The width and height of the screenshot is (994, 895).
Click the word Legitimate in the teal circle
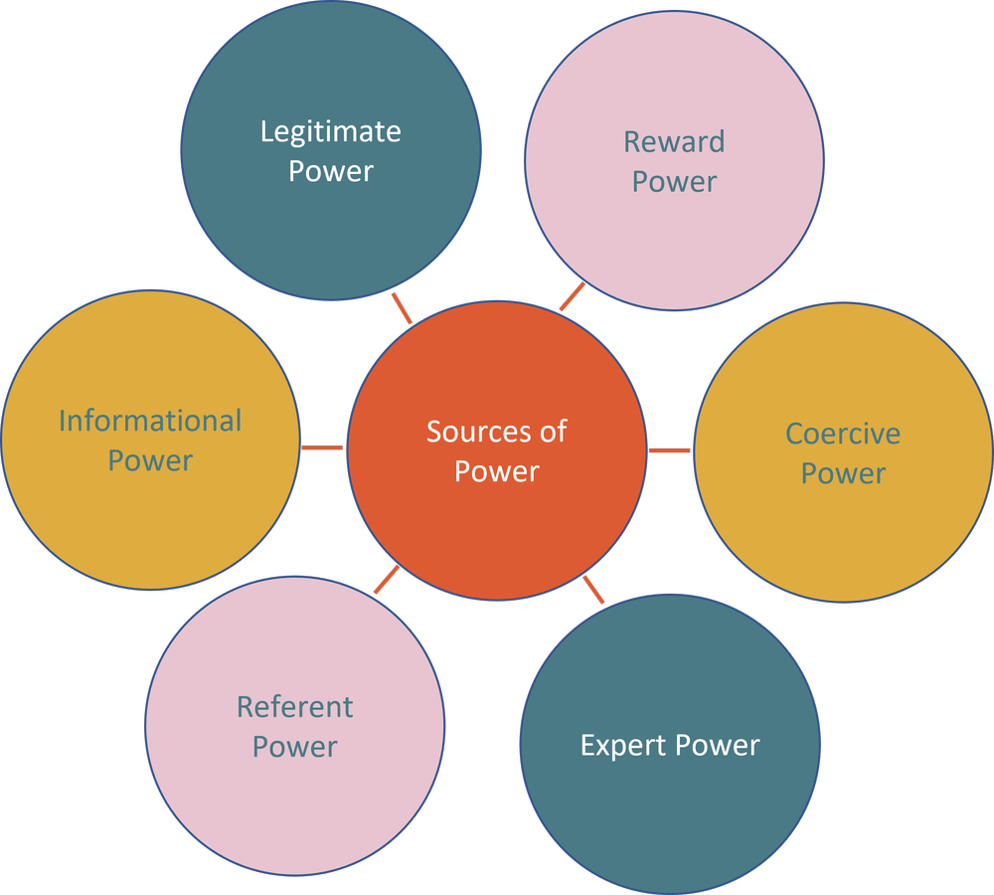tap(331, 131)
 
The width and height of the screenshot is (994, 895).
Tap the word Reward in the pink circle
tap(674, 142)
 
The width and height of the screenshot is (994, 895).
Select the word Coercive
tap(843, 434)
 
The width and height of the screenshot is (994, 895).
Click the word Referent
tap(294, 707)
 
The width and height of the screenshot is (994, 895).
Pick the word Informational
tap(150, 421)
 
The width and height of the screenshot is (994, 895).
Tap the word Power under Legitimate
tap(331, 171)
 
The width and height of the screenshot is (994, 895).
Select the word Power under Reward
tap(674, 182)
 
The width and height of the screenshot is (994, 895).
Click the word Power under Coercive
tap(843, 473)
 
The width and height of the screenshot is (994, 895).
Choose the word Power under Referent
tap(294, 747)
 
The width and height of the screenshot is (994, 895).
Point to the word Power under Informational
tap(150, 460)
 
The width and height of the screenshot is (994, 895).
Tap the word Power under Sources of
tap(496, 471)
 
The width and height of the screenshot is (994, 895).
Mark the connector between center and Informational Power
tap(323, 447)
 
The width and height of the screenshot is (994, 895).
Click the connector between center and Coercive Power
tap(670, 450)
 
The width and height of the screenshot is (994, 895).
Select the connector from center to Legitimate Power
tap(402, 307)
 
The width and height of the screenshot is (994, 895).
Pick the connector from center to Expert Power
tap(592, 590)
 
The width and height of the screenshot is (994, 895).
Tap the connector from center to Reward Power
tap(573, 296)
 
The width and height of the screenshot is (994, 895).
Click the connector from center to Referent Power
tap(388, 580)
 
